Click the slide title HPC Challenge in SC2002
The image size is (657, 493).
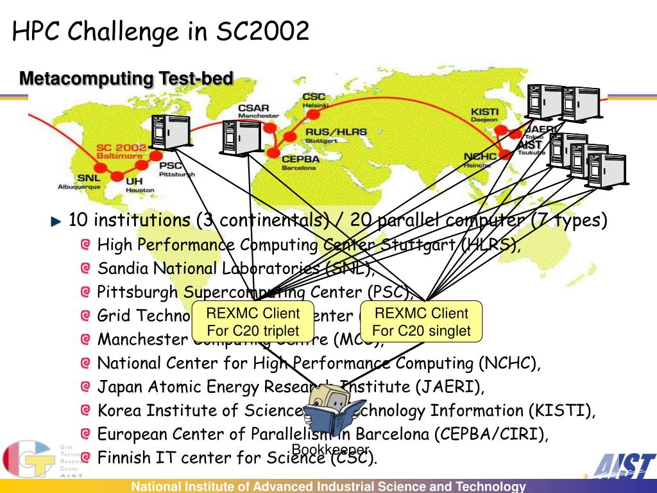[x=161, y=30]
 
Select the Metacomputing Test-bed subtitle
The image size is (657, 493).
[x=126, y=79]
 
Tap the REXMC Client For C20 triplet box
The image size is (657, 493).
[x=253, y=322]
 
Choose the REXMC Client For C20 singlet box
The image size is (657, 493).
[x=422, y=322]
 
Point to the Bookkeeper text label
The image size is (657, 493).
[x=330, y=449]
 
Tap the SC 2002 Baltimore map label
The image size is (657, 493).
[x=121, y=151]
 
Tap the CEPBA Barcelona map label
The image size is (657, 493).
[x=299, y=163]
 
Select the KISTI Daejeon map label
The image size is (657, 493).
[x=484, y=114]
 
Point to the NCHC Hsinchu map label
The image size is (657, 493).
[x=477, y=160]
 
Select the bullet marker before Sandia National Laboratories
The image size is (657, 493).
[x=86, y=268]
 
